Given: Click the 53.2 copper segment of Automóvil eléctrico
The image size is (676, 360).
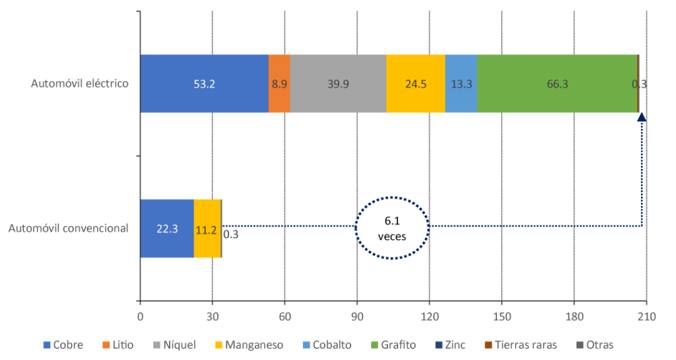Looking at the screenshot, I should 204,84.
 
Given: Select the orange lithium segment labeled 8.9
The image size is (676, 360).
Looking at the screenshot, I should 279,84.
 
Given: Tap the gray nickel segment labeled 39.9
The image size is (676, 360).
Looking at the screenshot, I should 338,84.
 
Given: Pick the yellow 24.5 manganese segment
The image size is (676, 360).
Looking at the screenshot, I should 415,84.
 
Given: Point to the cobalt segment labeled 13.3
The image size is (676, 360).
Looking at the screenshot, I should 461,84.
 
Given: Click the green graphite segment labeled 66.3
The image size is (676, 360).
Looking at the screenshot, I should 557,84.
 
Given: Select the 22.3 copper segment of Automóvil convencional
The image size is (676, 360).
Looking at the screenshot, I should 167,229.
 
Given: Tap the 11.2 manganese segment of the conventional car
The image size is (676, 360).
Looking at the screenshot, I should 207,229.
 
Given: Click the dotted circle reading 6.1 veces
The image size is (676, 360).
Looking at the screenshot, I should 392,228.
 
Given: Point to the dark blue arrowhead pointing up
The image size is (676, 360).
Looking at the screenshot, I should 642,117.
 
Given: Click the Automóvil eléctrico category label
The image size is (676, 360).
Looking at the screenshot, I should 80,84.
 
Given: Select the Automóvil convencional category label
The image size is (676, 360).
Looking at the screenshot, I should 68,229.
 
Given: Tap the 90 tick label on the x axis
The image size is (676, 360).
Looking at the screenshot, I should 357,317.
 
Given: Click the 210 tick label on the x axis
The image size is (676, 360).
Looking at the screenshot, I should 646,317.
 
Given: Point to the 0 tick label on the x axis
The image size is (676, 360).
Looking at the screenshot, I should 140,317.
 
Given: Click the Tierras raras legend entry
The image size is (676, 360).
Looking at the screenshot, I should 520,345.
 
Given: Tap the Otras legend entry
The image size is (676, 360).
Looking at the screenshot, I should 594,345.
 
